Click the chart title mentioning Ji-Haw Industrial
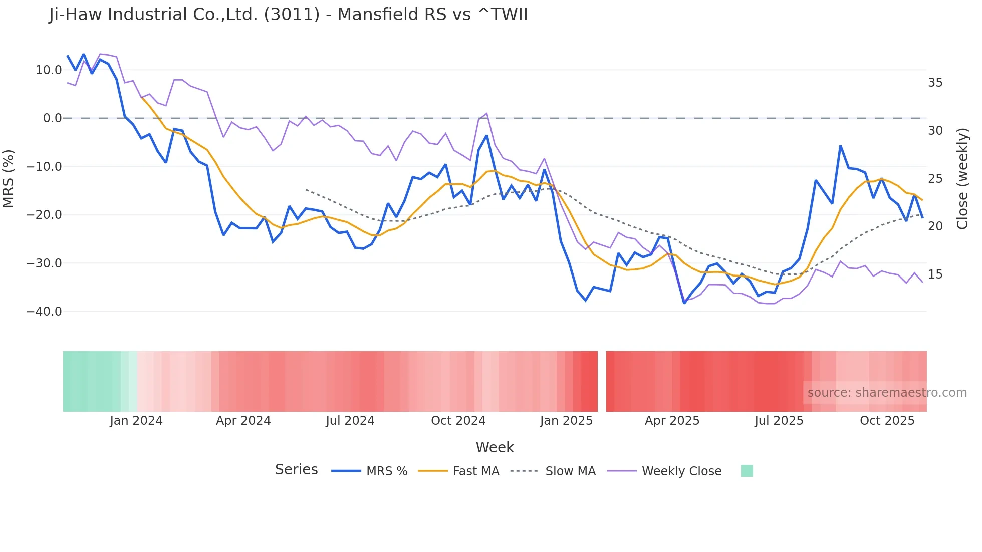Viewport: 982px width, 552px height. tap(288, 15)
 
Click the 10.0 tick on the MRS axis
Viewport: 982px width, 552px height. tap(49, 70)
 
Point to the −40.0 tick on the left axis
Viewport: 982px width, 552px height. tap(44, 312)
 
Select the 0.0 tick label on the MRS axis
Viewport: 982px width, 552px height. tap(52, 118)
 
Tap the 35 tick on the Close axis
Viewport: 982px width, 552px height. tap(935, 83)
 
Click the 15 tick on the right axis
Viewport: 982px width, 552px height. tap(935, 274)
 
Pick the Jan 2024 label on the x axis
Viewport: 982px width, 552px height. tap(136, 421)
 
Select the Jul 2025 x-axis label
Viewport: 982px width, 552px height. tap(779, 421)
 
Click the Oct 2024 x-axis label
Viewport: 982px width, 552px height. tap(458, 421)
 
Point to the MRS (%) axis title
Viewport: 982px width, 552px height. tap(9, 178)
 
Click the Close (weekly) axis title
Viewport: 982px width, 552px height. tap(962, 178)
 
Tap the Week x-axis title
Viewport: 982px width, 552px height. tap(495, 447)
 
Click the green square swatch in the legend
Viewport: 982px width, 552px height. tap(747, 471)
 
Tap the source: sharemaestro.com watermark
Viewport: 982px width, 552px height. tap(887, 393)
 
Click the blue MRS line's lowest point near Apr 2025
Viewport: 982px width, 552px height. tap(684, 303)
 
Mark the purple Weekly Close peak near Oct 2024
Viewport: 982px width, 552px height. tap(486, 113)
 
